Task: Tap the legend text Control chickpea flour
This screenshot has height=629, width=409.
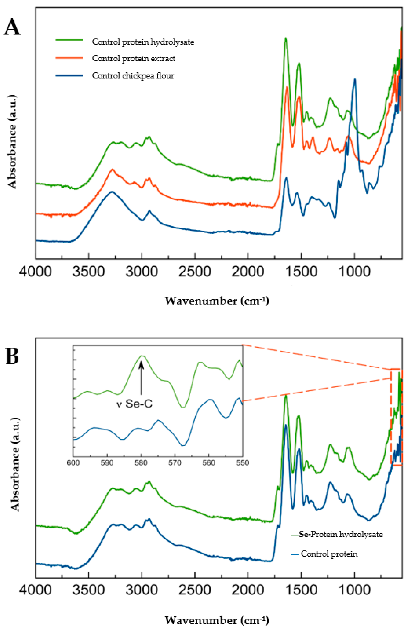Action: click(133, 76)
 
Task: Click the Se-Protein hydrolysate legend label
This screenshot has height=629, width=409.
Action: click(341, 534)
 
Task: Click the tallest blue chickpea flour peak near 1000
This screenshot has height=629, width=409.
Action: click(355, 79)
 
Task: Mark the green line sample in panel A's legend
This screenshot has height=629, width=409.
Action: click(69, 40)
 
